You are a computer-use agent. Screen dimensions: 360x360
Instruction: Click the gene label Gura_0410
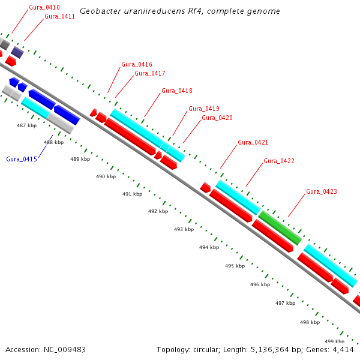[x=44, y=7]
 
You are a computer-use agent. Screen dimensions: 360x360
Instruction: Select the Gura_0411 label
[x=59, y=16]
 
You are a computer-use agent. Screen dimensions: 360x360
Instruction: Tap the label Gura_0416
[x=137, y=64]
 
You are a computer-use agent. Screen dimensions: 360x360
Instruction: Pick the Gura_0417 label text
[x=150, y=73]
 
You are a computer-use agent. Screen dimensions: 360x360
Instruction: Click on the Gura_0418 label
[x=177, y=91]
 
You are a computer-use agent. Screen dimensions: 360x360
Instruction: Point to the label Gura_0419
[x=204, y=109]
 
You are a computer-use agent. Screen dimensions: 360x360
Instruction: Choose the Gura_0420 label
[x=217, y=118]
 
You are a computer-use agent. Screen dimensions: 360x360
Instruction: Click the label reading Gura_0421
[x=253, y=142]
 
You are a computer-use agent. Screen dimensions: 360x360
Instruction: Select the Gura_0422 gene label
[x=279, y=161]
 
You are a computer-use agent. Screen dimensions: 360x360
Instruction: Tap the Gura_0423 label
[x=322, y=191]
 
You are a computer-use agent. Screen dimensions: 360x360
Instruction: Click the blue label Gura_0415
[x=22, y=159]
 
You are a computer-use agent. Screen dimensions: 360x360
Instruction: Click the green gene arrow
[x=280, y=227]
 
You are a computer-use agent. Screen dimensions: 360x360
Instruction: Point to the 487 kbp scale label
[x=27, y=125]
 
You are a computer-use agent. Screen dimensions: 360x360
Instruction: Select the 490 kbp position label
[x=106, y=176]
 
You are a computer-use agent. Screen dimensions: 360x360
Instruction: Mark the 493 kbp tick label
[x=184, y=229]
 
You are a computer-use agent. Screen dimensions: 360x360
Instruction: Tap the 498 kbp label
[x=310, y=322]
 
